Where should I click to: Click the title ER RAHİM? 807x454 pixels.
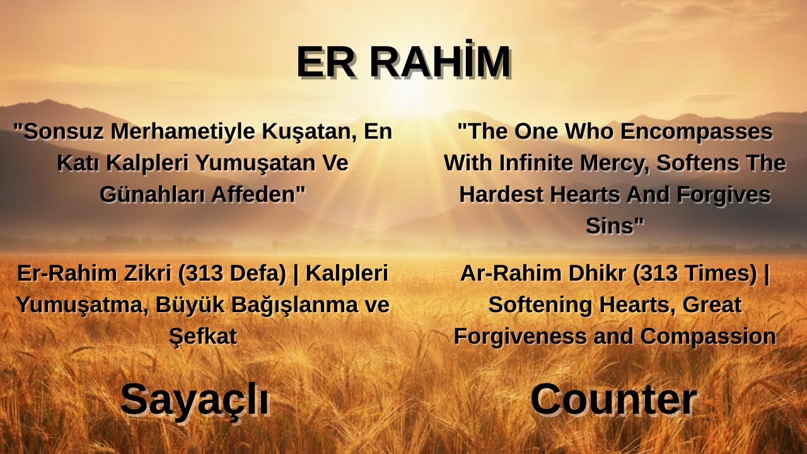coord(403,62)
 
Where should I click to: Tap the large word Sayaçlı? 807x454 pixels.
coord(194,400)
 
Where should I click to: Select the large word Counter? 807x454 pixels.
coord(613,400)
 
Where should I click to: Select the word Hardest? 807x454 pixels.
coord(502,194)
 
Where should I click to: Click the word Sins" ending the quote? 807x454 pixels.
coord(615,226)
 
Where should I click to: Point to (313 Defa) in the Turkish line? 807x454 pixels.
coord(232,274)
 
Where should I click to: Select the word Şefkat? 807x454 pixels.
coord(202,336)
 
